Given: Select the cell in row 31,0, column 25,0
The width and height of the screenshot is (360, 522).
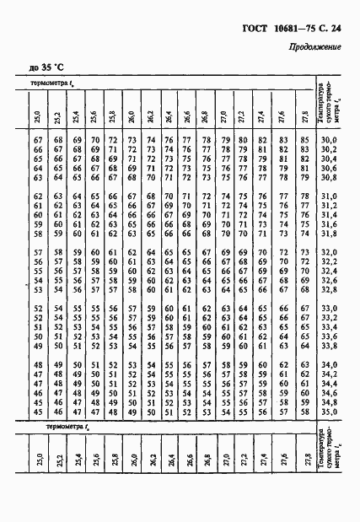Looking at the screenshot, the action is click(38, 196).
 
